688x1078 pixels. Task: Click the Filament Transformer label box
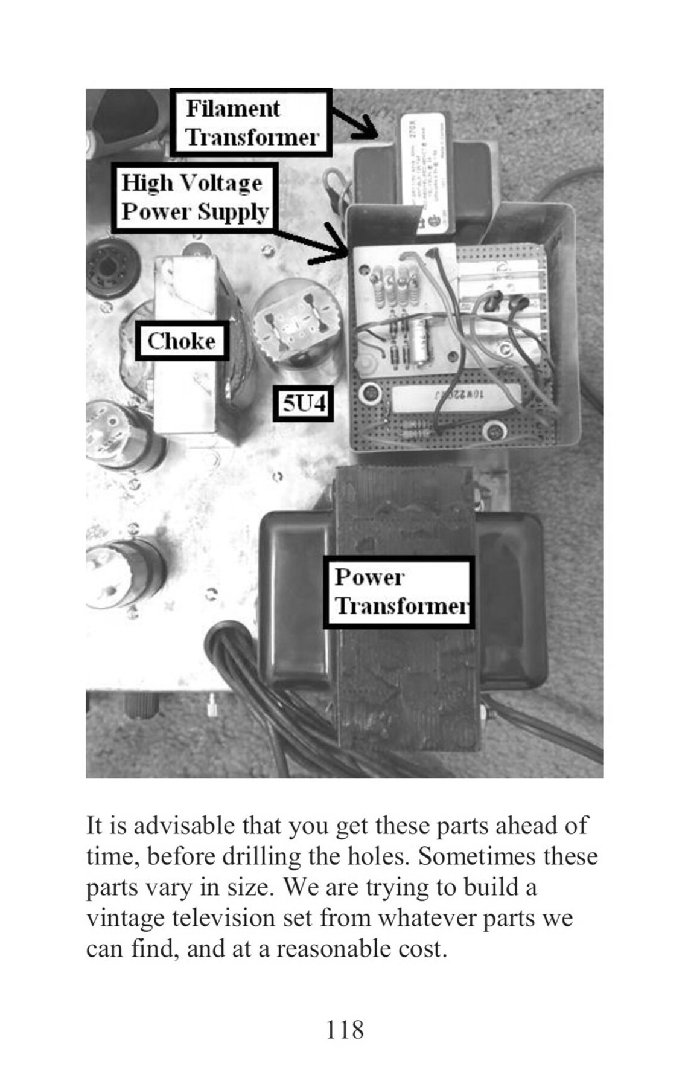[x=251, y=123]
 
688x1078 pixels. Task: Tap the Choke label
[x=181, y=341]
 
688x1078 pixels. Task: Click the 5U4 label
[x=304, y=403]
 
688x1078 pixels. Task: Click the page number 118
[x=345, y=1029]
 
